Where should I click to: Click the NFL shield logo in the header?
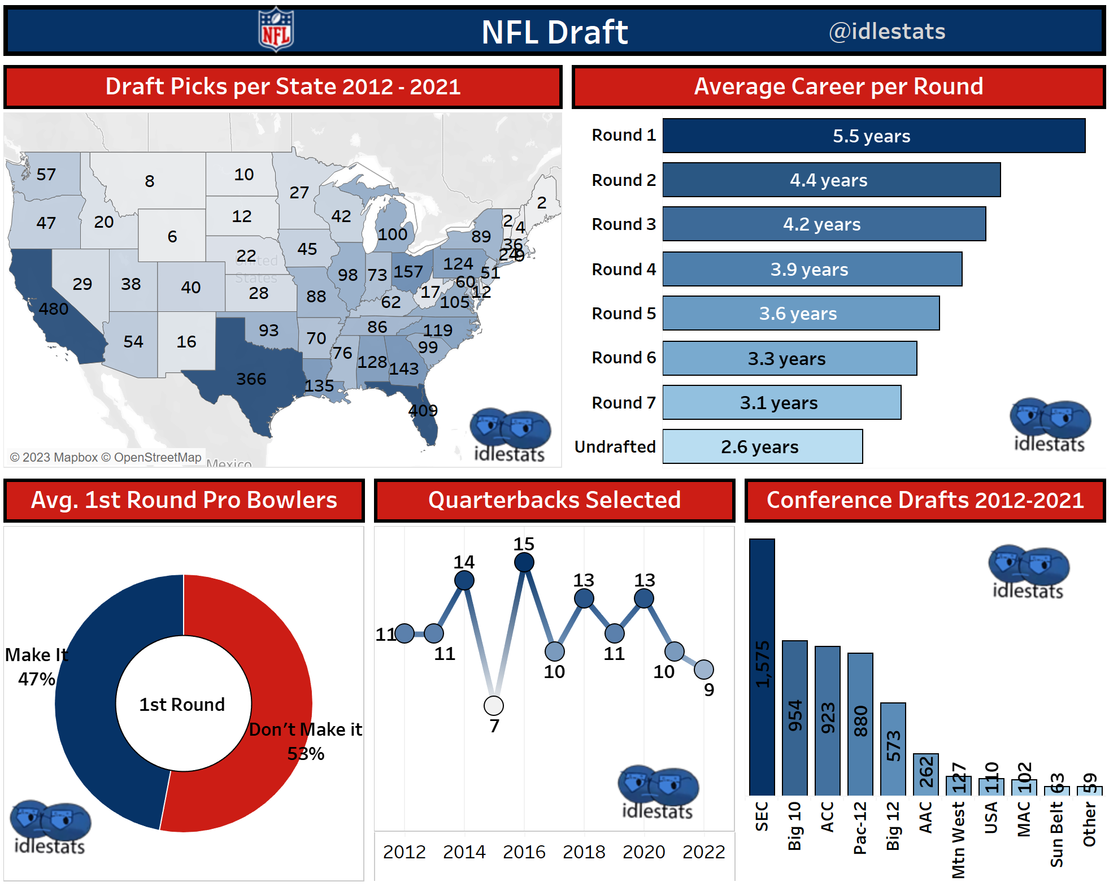click(276, 30)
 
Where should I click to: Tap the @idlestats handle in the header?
click(886, 31)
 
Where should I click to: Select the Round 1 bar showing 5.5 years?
click(873, 136)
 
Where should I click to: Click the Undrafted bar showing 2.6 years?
click(762, 447)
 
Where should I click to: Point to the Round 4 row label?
click(623, 270)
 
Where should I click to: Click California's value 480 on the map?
click(54, 309)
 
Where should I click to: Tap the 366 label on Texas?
click(251, 379)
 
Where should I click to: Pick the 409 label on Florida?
click(423, 410)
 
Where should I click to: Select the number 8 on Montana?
click(149, 181)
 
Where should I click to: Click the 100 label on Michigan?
click(392, 234)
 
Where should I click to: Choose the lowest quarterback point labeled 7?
click(494, 706)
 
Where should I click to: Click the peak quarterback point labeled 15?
click(524, 562)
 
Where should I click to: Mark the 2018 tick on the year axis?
click(584, 852)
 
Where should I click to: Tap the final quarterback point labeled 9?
click(703, 670)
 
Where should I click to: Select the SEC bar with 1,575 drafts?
click(762, 667)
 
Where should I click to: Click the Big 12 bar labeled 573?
click(893, 749)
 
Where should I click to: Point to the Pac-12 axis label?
click(859, 827)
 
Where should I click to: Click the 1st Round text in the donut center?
click(182, 705)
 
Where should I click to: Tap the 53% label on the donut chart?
click(306, 754)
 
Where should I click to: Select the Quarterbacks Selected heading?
click(554, 500)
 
